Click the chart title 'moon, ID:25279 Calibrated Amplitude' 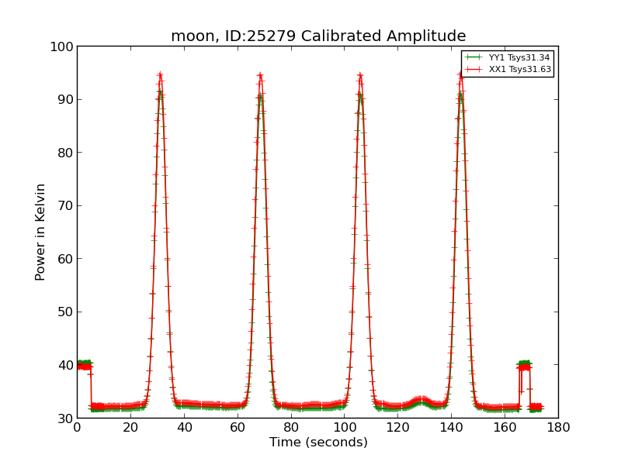[318, 36]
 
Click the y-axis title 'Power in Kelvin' [40, 232]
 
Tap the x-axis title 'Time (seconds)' [318, 443]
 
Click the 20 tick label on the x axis [130, 427]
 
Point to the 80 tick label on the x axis [291, 427]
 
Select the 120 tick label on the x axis [397, 427]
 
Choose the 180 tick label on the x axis [558, 427]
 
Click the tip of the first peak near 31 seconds [160, 75]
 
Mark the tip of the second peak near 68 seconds [260, 75]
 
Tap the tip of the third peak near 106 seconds [360, 75]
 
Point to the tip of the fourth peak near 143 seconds [460, 74]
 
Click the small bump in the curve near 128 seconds [421, 399]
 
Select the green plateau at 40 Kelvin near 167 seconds [525, 363]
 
